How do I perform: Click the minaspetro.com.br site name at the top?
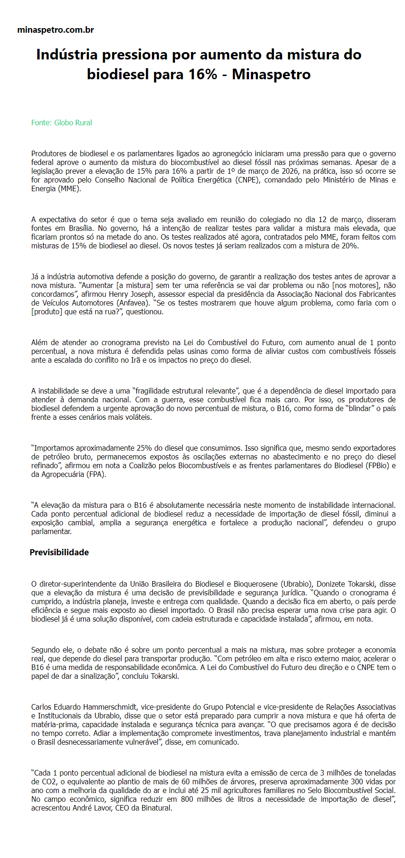[55, 30]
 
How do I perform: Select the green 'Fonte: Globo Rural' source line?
[62, 123]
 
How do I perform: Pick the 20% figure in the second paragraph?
[349, 246]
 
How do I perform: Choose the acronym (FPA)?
[94, 474]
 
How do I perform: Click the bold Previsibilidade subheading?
[59, 552]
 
